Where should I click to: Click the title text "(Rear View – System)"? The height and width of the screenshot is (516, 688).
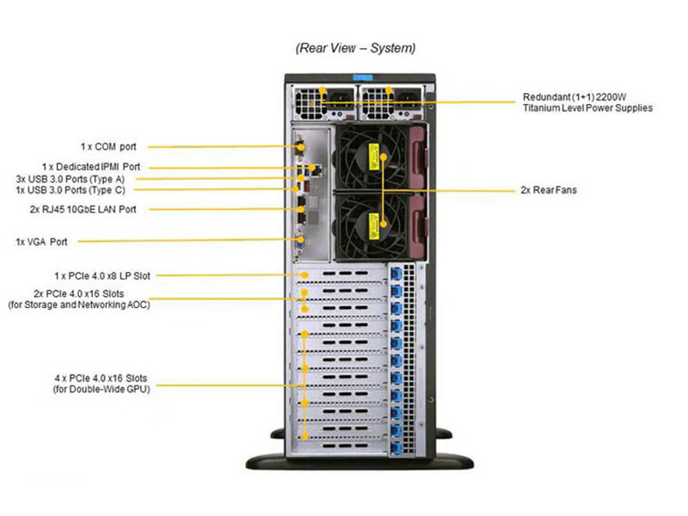pyautogui.click(x=355, y=48)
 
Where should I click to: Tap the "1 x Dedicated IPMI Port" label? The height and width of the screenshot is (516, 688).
pyautogui.click(x=91, y=167)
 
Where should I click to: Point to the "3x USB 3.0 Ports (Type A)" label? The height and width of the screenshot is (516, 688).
pyautogui.click(x=77, y=178)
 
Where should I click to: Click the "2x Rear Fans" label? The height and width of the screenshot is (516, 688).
pyautogui.click(x=549, y=189)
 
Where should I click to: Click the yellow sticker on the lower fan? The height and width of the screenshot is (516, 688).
pyautogui.click(x=376, y=225)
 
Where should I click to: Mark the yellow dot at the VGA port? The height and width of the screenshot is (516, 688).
pyautogui.click(x=302, y=240)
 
